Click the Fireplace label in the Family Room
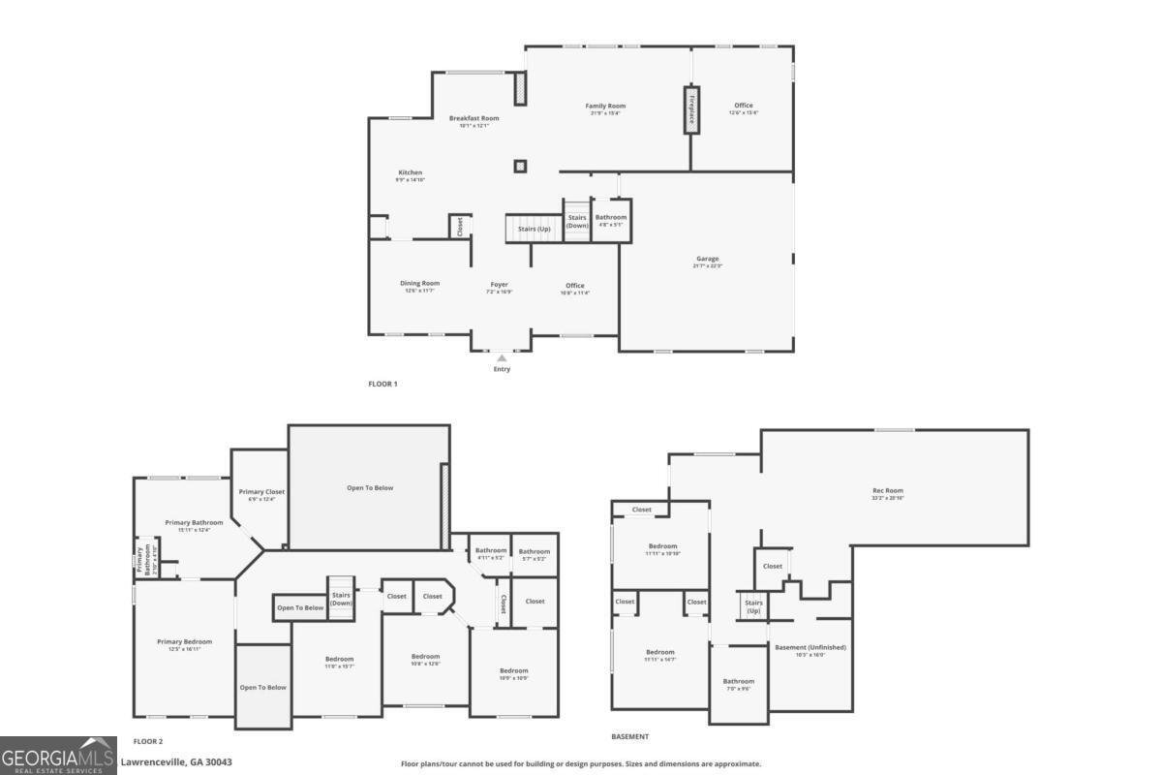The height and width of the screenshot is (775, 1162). pyautogui.click(x=691, y=111)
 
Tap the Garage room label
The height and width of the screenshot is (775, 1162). pyautogui.click(x=707, y=260)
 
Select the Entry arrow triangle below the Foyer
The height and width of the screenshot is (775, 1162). pyautogui.click(x=502, y=358)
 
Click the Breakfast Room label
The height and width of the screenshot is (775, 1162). pyautogui.click(x=474, y=118)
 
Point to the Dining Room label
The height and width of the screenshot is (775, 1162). pyautogui.click(x=420, y=284)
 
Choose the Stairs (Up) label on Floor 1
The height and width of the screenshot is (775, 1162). pyautogui.click(x=535, y=230)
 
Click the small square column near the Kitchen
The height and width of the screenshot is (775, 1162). pyautogui.click(x=520, y=167)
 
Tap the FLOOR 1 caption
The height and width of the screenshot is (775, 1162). pyautogui.click(x=382, y=385)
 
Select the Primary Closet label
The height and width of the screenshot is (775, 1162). pyautogui.click(x=261, y=492)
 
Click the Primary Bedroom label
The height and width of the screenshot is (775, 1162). pyautogui.click(x=185, y=642)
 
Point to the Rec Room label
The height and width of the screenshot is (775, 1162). pyautogui.click(x=887, y=491)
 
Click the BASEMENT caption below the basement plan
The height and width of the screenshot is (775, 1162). pyautogui.click(x=630, y=737)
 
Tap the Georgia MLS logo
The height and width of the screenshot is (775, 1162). pyautogui.click(x=58, y=756)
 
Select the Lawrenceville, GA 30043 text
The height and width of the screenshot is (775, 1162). pyautogui.click(x=176, y=762)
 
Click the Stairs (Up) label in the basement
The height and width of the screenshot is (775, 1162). pyautogui.click(x=753, y=606)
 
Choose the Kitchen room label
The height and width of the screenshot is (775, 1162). pyautogui.click(x=411, y=173)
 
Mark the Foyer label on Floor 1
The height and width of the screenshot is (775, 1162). pyautogui.click(x=500, y=285)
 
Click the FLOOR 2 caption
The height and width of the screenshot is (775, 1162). pyautogui.click(x=147, y=741)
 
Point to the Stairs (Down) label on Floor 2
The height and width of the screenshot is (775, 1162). pyautogui.click(x=341, y=599)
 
